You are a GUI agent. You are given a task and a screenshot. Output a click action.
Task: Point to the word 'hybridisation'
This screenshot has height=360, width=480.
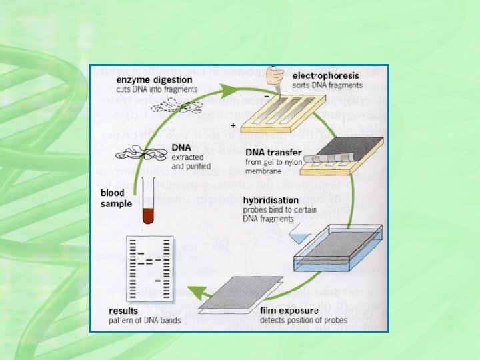pos(271,200)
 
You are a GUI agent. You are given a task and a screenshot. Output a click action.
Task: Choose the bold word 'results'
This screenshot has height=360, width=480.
pos(124,310)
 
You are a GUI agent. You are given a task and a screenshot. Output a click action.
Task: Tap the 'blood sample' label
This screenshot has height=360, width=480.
pos(116,198)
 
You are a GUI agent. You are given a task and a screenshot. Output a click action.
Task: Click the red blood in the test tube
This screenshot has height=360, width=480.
pos(147,216)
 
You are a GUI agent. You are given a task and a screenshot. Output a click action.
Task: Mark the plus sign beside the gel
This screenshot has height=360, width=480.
pos(232,125)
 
